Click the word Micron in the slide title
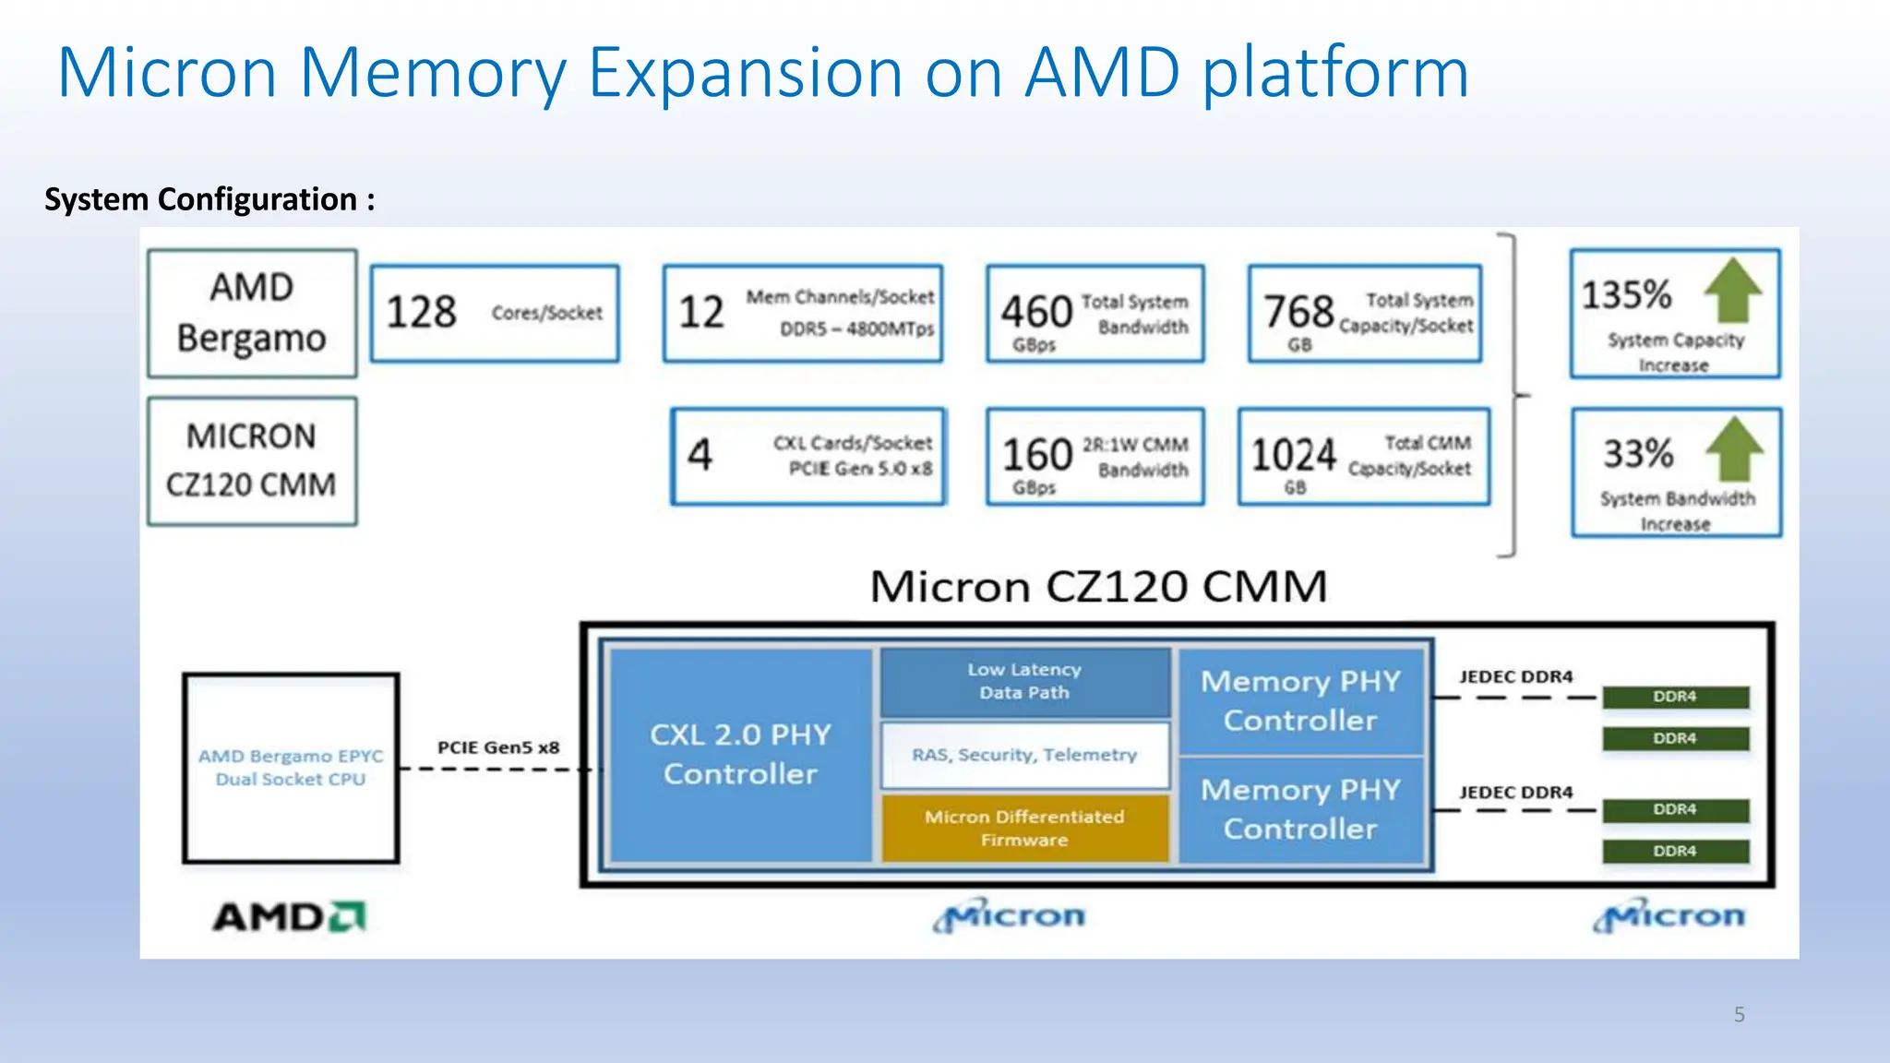[x=167, y=73]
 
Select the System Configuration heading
[x=209, y=199]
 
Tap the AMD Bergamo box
[x=252, y=313]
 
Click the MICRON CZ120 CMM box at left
[x=252, y=460]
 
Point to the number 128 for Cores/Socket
[x=421, y=312]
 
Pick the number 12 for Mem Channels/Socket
[x=701, y=312]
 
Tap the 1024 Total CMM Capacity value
[x=1293, y=455]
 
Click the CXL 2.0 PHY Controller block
[x=740, y=754]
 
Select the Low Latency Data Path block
[x=1024, y=681]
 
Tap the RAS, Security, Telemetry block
[x=1024, y=755]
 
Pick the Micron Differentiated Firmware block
[x=1024, y=828]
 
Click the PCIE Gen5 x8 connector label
[x=498, y=747]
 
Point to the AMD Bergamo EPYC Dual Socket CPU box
[x=291, y=768]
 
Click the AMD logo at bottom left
[x=290, y=917]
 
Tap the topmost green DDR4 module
[x=1675, y=697]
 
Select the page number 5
[x=1739, y=1015]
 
